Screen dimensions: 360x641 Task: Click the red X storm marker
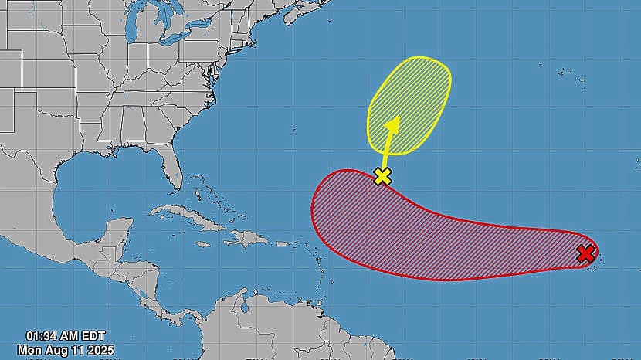coord(585,253)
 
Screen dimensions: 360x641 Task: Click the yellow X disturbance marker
coord(382,176)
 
